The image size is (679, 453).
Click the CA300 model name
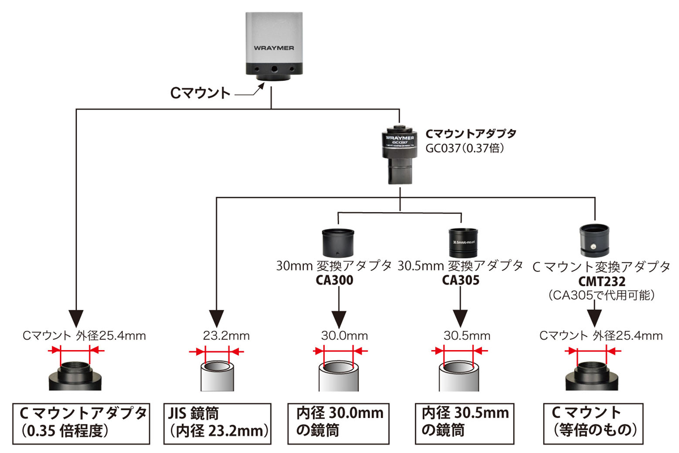[338, 280]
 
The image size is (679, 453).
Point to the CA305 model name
[461, 280]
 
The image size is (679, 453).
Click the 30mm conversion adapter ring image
[338, 242]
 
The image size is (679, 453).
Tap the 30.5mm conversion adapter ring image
[462, 241]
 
